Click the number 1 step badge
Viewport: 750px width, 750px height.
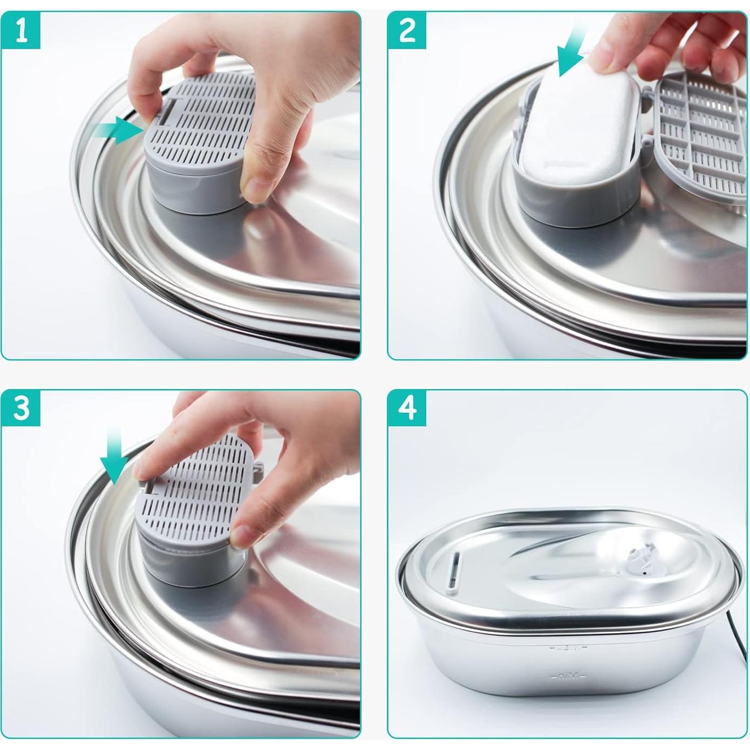pos(21,30)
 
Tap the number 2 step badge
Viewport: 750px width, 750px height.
pos(407,30)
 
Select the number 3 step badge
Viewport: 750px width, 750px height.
pos(21,408)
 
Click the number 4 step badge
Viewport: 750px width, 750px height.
pos(407,408)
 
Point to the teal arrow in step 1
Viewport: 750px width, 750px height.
pos(116,131)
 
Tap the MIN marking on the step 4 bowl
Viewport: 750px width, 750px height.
pos(564,676)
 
